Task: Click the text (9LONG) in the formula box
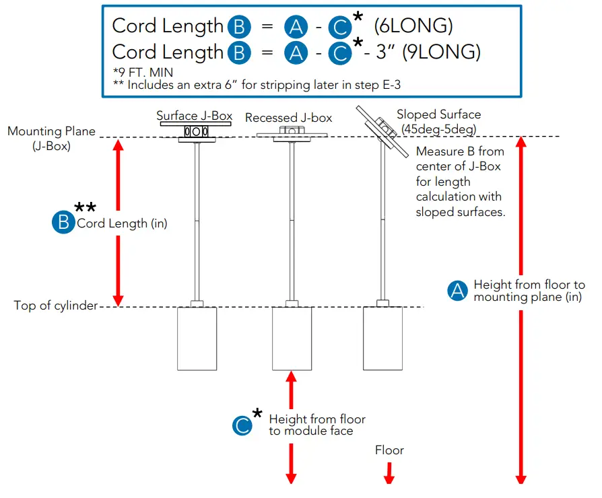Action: [x=441, y=52]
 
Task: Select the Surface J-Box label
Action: [x=195, y=116]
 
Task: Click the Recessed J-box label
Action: [x=288, y=118]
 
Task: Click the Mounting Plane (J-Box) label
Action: [x=51, y=138]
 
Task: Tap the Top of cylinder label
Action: [x=55, y=306]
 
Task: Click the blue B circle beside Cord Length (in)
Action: [x=63, y=223]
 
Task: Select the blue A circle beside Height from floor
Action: [x=458, y=291]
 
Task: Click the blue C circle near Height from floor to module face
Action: [x=242, y=425]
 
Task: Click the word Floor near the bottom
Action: [x=389, y=450]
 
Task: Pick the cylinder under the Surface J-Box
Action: [x=197, y=339]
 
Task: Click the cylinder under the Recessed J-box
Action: [x=292, y=339]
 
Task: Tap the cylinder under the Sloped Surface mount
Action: [x=383, y=339]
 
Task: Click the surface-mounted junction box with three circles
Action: [x=196, y=132]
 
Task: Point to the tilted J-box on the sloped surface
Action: [x=382, y=127]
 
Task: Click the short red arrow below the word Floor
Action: [x=389, y=472]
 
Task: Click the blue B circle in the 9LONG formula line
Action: [x=238, y=52]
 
